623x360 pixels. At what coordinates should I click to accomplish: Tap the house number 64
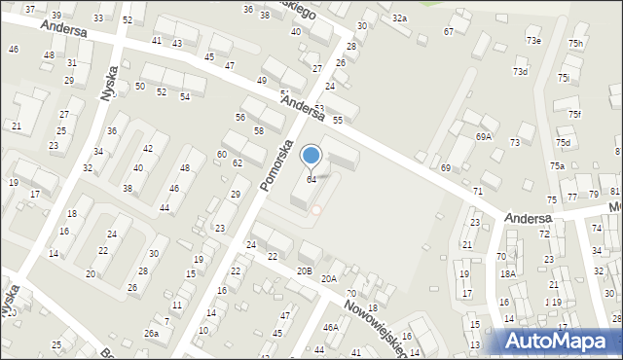click(x=311, y=180)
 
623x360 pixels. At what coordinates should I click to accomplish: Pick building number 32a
click(x=399, y=18)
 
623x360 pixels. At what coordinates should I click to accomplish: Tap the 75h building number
click(x=576, y=44)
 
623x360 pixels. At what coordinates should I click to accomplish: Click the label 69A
click(x=484, y=137)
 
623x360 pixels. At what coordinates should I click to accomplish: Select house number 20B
click(x=305, y=270)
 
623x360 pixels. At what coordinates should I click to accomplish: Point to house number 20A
click(x=329, y=278)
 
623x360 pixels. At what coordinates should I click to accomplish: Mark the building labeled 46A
click(x=331, y=328)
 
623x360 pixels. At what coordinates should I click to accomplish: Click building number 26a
click(x=151, y=334)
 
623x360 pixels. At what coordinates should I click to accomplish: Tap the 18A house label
click(x=507, y=274)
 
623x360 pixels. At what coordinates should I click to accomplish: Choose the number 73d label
click(x=521, y=72)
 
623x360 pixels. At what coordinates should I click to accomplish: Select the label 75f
click(x=575, y=115)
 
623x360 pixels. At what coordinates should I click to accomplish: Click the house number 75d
click(x=563, y=143)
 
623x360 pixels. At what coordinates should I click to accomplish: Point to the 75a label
click(x=556, y=166)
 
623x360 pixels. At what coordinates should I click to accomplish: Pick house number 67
click(x=449, y=32)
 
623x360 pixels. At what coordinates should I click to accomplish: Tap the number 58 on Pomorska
click(x=259, y=130)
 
